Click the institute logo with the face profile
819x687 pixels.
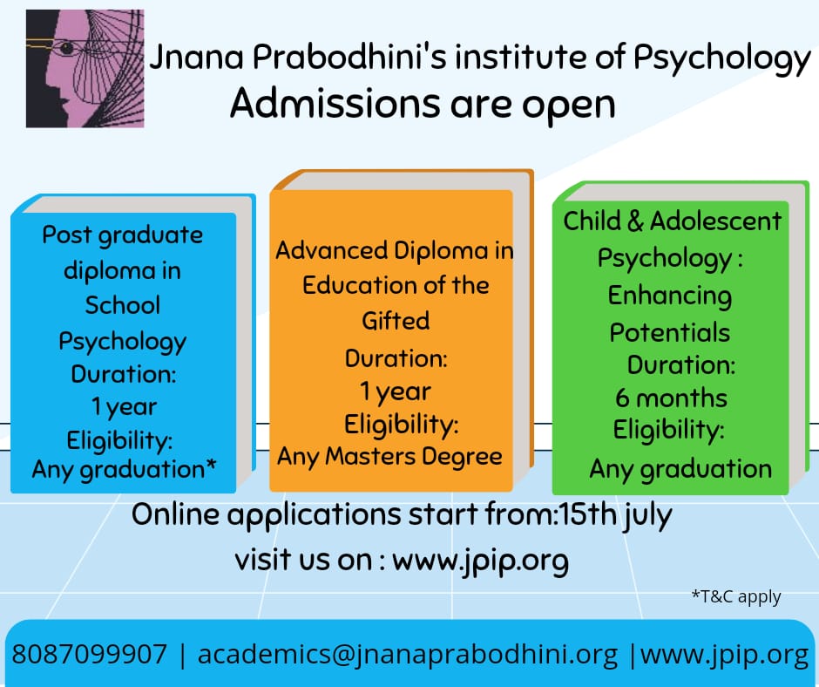tap(85, 69)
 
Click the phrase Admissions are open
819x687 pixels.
tap(423, 104)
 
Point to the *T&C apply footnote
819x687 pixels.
tap(736, 597)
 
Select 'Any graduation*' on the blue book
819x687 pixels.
tap(124, 469)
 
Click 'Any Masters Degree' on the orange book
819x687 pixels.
tap(389, 455)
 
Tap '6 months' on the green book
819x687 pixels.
tap(671, 398)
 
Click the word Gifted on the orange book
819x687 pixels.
tap(396, 321)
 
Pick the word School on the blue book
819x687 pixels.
tap(123, 305)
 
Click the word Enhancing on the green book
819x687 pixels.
tap(669, 296)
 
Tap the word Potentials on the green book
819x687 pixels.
tap(669, 332)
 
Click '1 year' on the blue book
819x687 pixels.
tap(124, 406)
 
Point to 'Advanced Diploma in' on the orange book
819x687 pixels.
tap(395, 251)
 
